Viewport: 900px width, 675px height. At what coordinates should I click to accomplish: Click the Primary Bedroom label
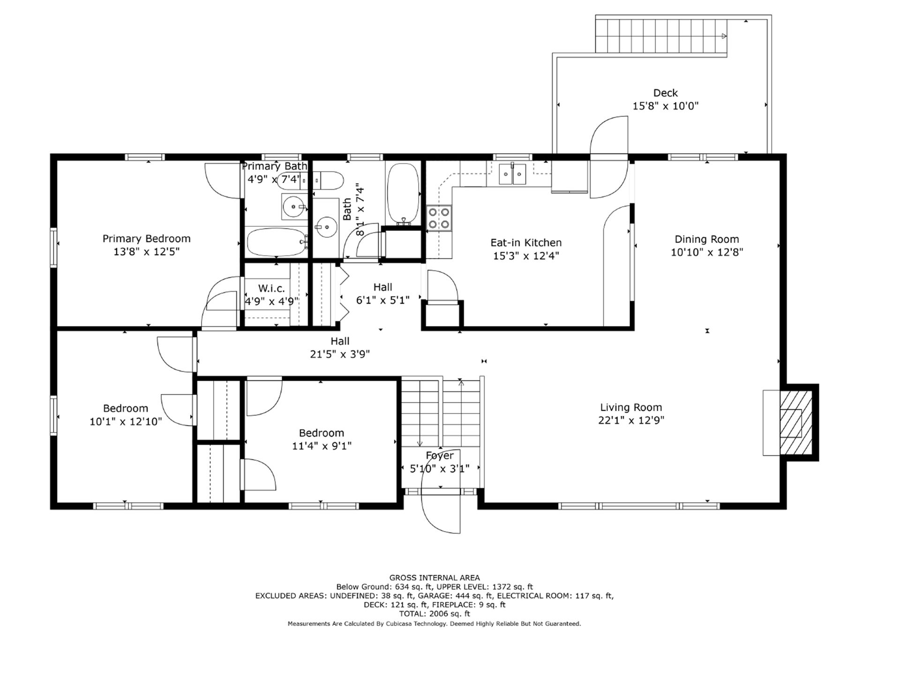(146, 239)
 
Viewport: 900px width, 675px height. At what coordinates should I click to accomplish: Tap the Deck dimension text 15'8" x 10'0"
(665, 106)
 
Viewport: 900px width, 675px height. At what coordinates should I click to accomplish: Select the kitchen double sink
(512, 174)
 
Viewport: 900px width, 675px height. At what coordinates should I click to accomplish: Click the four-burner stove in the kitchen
(439, 218)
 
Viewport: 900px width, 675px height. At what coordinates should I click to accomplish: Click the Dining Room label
(706, 239)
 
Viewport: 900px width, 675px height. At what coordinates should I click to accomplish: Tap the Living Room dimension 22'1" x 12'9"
(631, 420)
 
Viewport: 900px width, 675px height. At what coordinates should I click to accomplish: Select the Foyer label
(440, 456)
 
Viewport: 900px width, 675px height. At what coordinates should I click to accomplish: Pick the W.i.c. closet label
(271, 288)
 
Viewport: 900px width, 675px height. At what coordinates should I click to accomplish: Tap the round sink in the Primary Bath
(294, 206)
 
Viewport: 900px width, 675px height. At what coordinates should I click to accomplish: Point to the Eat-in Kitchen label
(526, 243)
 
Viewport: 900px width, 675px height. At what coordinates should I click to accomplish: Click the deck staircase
(661, 36)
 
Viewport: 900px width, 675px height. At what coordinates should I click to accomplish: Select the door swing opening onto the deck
(608, 157)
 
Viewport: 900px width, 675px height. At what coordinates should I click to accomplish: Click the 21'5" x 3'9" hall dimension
(340, 354)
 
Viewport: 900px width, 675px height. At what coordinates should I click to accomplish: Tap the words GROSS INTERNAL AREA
(435, 578)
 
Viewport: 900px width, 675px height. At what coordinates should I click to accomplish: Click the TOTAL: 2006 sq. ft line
(435, 614)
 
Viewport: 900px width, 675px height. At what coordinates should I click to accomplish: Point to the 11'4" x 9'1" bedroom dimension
(322, 446)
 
